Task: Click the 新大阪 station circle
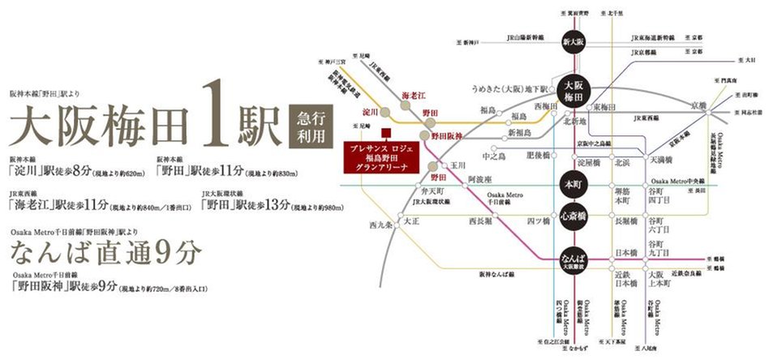(574, 41)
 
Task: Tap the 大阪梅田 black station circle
(574, 91)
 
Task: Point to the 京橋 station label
(698, 105)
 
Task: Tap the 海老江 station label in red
(414, 96)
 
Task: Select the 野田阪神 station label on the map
(447, 135)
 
